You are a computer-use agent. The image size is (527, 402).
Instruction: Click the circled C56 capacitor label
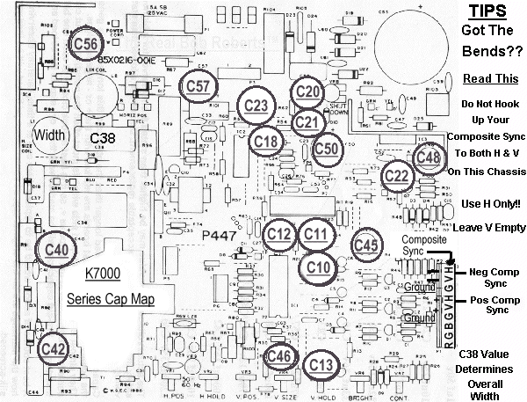pos(86,43)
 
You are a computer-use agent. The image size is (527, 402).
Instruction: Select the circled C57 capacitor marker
pos(199,86)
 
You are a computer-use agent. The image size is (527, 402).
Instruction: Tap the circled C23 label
pos(256,106)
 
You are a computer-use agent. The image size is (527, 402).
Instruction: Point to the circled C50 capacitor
pos(327,149)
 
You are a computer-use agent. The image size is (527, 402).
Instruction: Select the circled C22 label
pos(398,175)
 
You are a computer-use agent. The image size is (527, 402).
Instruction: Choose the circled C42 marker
pos(54,347)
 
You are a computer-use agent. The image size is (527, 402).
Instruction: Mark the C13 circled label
pos(321,365)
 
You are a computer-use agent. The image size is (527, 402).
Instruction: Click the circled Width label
pos(51,135)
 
